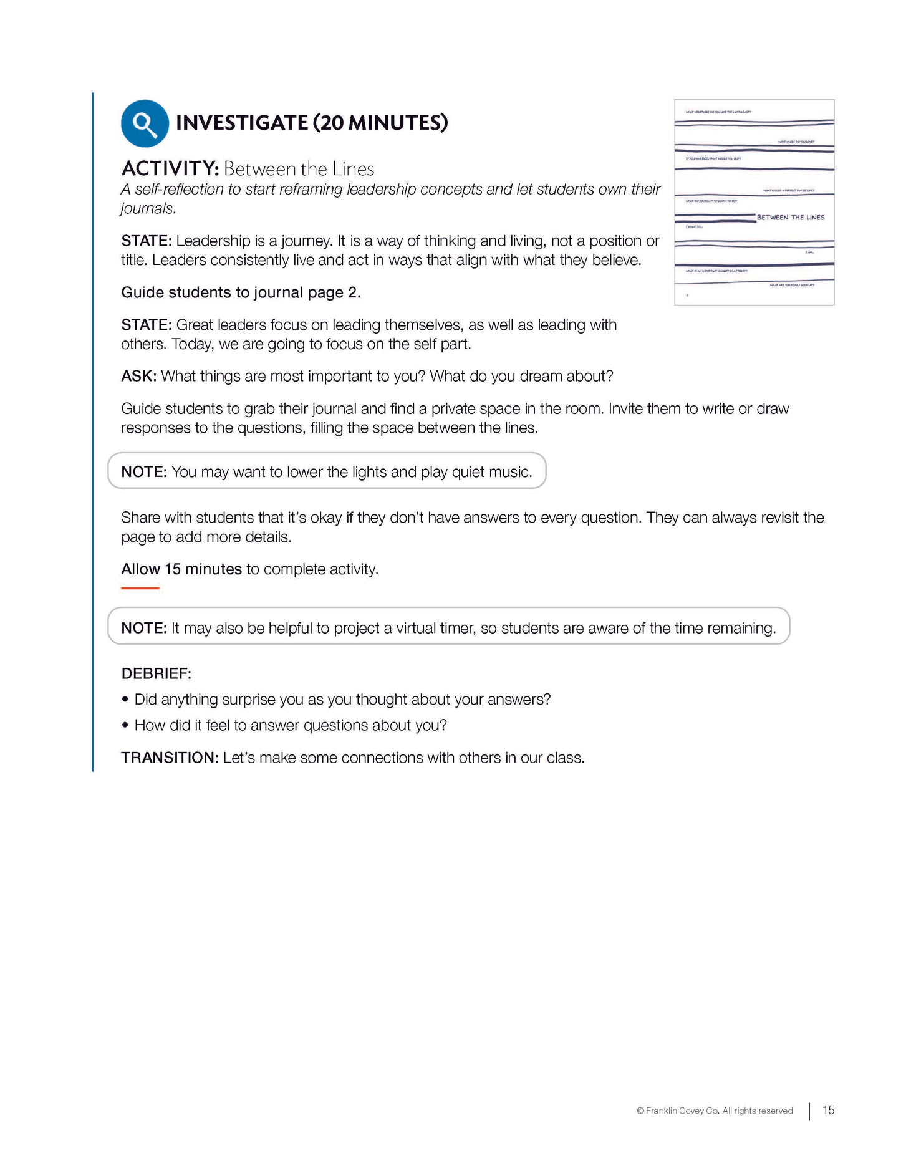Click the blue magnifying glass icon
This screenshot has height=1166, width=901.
pyautogui.click(x=145, y=123)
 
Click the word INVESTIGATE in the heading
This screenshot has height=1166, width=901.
pyautogui.click(x=242, y=123)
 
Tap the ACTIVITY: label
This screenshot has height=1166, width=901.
pyautogui.click(x=170, y=169)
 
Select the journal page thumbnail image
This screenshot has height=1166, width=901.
pyautogui.click(x=754, y=202)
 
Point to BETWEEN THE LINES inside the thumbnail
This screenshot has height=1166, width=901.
pyautogui.click(x=790, y=218)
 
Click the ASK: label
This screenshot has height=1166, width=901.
pyautogui.click(x=138, y=377)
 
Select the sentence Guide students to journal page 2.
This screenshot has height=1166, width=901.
pyautogui.click(x=241, y=293)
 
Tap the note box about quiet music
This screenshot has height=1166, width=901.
pyautogui.click(x=327, y=471)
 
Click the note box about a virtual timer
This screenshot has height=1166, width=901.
pyautogui.click(x=448, y=627)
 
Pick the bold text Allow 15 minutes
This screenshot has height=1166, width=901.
pyautogui.click(x=181, y=569)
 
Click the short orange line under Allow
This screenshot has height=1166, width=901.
pyautogui.click(x=140, y=588)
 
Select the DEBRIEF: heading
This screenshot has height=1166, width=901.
pyautogui.click(x=156, y=674)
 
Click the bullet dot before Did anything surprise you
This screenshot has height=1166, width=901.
pyautogui.click(x=125, y=700)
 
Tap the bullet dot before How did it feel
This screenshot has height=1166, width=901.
pyautogui.click(x=125, y=725)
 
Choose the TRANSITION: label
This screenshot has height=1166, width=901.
pyautogui.click(x=170, y=758)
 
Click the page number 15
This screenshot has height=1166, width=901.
pyautogui.click(x=828, y=1111)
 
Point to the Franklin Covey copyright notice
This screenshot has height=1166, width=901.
pyautogui.click(x=715, y=1111)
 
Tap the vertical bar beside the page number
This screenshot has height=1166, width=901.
pyautogui.click(x=809, y=1111)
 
